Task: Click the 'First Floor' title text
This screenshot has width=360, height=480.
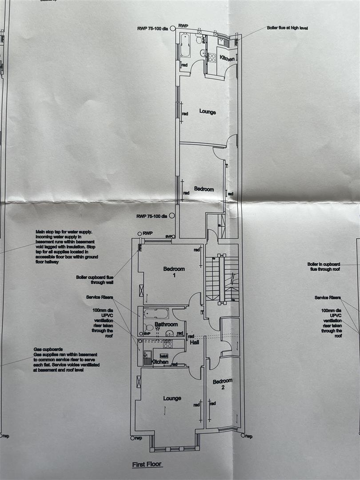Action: pos(147,464)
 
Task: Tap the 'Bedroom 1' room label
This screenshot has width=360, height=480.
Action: pos(174,272)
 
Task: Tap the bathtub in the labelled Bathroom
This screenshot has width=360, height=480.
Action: pos(156,313)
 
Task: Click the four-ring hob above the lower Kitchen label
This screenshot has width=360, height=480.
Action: pos(168,344)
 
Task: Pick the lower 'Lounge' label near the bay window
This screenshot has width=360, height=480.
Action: pos(172,398)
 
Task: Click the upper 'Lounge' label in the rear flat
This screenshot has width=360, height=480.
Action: pos(208,112)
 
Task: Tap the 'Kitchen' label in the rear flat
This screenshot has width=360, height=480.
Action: pos(226,58)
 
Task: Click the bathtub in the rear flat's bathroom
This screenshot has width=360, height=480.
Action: pos(185,45)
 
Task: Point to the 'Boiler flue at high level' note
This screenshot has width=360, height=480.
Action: pos(287,28)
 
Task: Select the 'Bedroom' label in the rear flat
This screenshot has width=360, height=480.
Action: pos(204,189)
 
